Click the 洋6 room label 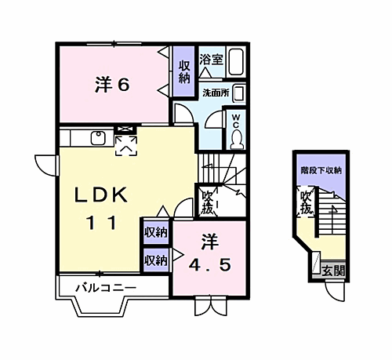[x=112, y=84]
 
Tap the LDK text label [x=101, y=195]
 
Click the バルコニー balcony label [x=106, y=288]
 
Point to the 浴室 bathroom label [x=211, y=59]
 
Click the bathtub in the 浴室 [x=236, y=62]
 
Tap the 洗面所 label [x=216, y=93]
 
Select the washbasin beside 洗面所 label [x=238, y=93]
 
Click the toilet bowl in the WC [x=236, y=138]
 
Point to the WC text [x=236, y=120]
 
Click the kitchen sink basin [x=98, y=138]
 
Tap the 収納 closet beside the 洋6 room [x=184, y=71]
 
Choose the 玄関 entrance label [x=333, y=271]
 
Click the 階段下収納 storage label [x=321, y=171]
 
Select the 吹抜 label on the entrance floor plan [x=306, y=202]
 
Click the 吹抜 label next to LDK [x=208, y=202]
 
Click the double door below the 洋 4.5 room [x=211, y=306]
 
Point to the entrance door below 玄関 [x=335, y=292]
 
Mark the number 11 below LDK [x=102, y=223]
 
